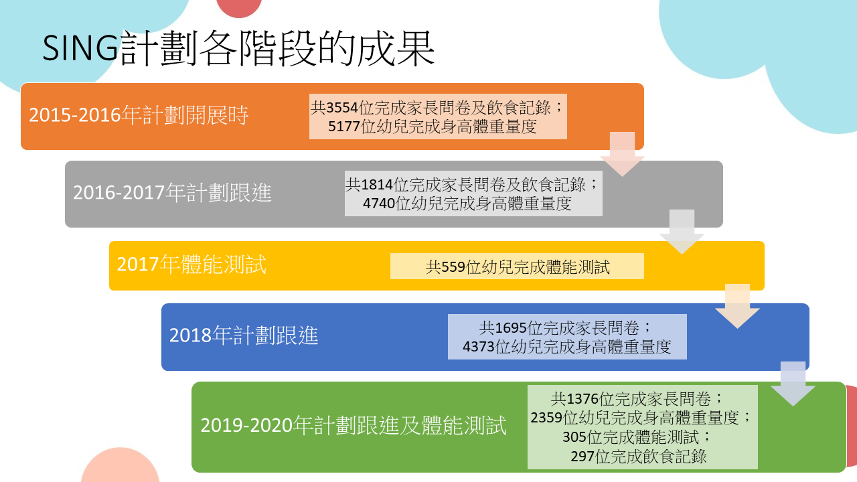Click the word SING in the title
(80, 49)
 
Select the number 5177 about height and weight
(344, 127)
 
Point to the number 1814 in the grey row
(377, 185)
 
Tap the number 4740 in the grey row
(379, 204)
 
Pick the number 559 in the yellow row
(453, 267)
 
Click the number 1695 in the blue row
(511, 328)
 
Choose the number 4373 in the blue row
(479, 347)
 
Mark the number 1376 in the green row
(582, 399)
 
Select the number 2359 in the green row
(547, 417)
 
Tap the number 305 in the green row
(574, 437)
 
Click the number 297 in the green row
(582, 457)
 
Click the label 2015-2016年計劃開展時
(139, 114)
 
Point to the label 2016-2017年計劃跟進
(172, 192)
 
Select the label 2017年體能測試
(191, 264)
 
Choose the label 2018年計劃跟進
(244, 335)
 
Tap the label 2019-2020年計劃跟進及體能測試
(354, 425)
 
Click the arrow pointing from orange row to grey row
(622, 154)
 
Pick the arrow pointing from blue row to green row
(793, 384)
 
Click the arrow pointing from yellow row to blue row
(737, 307)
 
